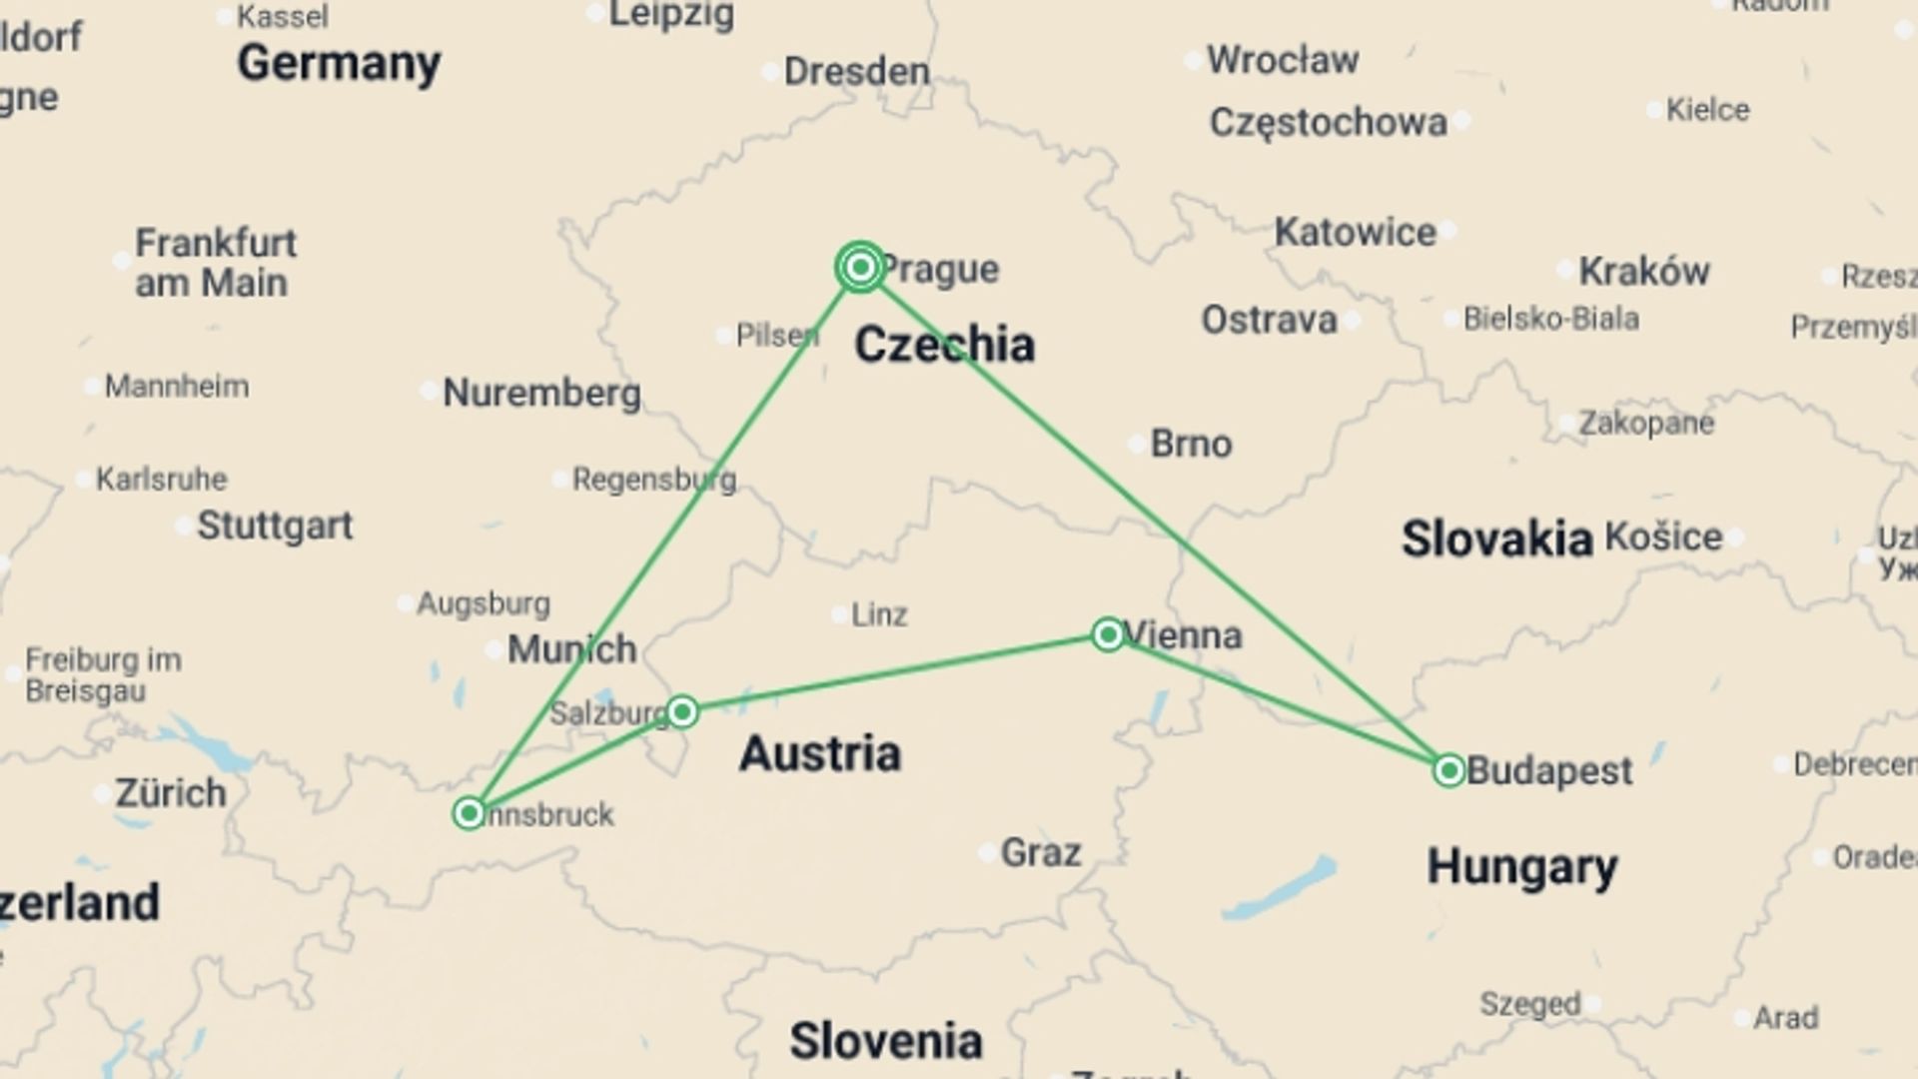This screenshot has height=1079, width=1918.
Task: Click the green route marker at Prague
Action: (860, 267)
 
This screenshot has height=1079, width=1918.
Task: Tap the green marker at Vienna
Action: (1107, 634)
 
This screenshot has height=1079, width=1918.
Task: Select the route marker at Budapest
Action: (1448, 770)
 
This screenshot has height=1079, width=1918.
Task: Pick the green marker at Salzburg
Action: (682, 711)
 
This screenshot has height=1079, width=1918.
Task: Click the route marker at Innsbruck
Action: (469, 812)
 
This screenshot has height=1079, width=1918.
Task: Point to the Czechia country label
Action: (944, 345)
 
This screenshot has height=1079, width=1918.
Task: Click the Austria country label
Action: (819, 753)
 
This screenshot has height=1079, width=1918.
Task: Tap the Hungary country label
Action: (1521, 866)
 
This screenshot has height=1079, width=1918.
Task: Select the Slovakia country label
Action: (1496, 539)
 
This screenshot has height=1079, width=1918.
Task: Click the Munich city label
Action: (571, 649)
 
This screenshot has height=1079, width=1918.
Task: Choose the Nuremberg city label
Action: (541, 393)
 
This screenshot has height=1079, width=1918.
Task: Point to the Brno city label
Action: (1191, 444)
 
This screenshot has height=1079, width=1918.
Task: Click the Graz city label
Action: (1040, 853)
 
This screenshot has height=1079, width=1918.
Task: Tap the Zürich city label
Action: (171, 793)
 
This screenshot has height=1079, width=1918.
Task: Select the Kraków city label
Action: (1643, 271)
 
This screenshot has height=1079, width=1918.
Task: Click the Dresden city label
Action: (856, 71)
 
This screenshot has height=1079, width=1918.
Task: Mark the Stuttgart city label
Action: (275, 526)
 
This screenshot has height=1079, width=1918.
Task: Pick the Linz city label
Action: (879, 614)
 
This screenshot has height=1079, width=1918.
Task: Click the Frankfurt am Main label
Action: (215, 263)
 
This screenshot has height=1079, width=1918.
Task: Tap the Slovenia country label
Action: (885, 1041)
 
